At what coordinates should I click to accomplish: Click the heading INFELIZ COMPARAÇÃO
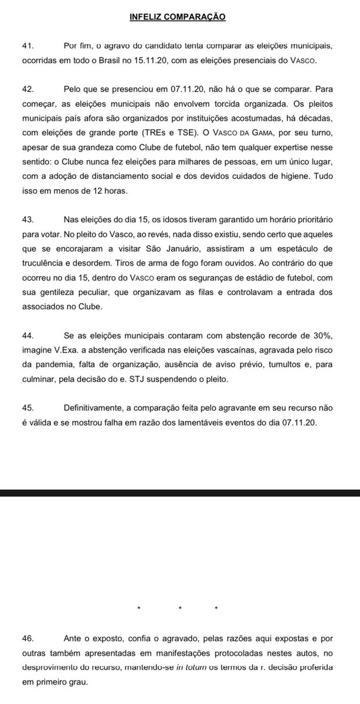pyautogui.click(x=177, y=17)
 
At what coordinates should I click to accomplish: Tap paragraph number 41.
pyautogui.click(x=27, y=46)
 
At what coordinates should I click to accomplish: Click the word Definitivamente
pyautogui.click(x=92, y=409)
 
